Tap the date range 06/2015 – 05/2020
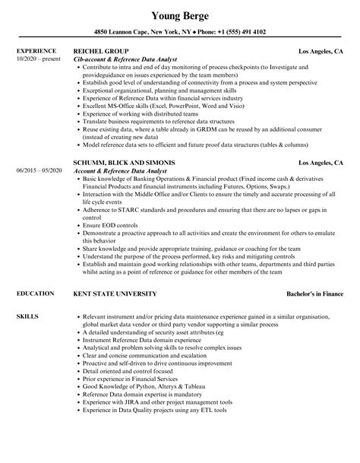pyautogui.click(x=37, y=191)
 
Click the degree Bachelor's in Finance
pyautogui.click(x=311, y=293)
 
